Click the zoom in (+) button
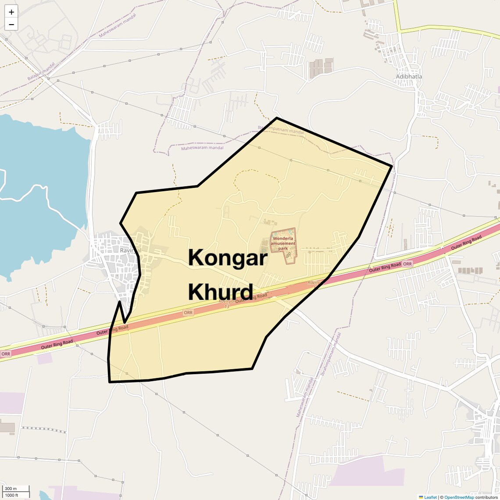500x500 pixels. [11, 12]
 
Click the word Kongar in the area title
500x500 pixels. [228, 257]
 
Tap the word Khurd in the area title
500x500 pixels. [221, 292]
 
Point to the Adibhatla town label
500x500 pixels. [409, 76]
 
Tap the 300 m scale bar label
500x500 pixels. [11, 489]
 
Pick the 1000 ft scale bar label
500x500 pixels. [12, 495]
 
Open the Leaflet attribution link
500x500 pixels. [430, 497]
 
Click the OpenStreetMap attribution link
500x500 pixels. [459, 497]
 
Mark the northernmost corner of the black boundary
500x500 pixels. [277, 118]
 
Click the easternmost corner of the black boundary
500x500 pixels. [391, 166]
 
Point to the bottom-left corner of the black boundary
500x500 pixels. [110, 382]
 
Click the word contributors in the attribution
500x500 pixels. [486, 497]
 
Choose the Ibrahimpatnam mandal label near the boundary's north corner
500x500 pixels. [281, 129]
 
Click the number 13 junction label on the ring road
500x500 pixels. [227, 306]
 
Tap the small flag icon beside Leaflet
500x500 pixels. [421, 497]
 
